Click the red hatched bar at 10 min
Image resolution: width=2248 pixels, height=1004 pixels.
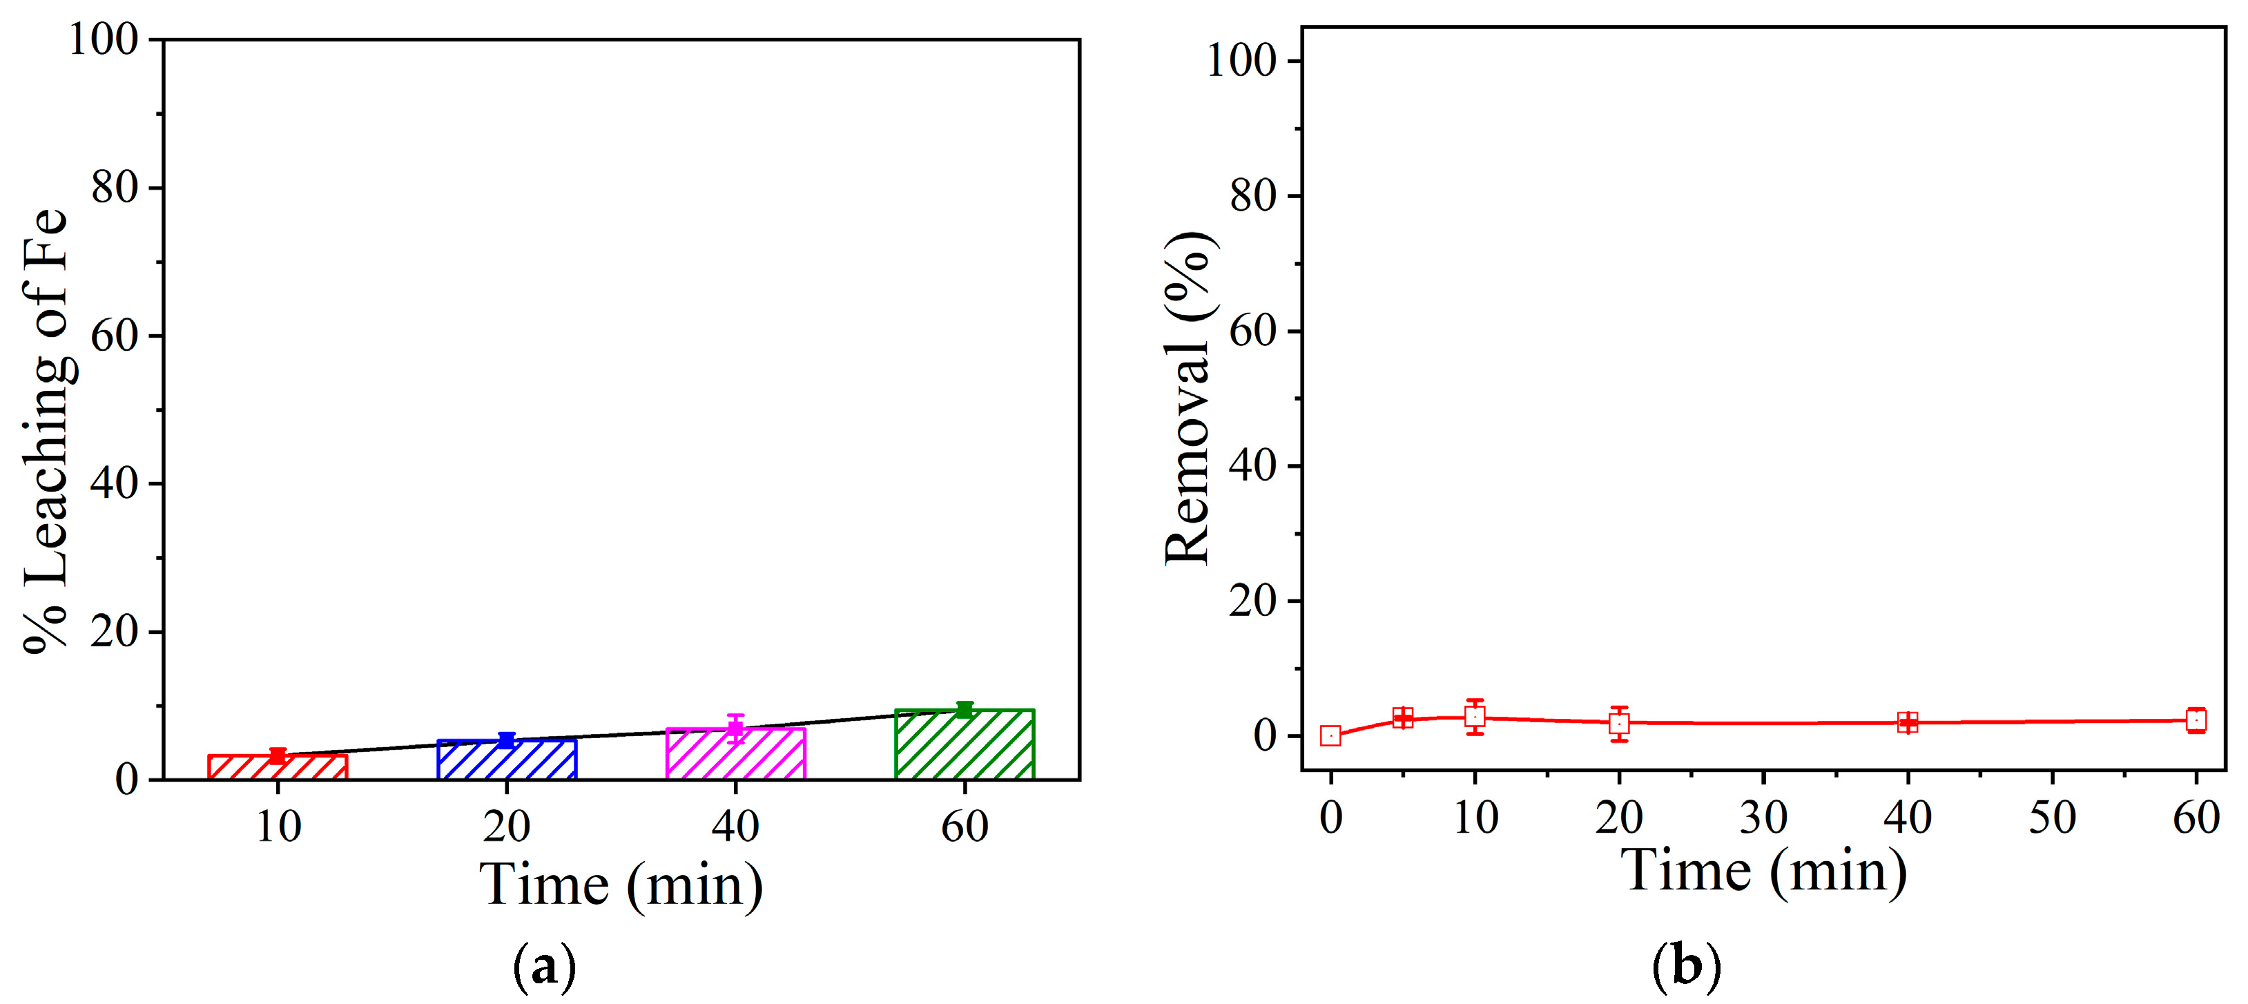point(278,766)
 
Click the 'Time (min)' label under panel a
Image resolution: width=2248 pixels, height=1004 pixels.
point(621,885)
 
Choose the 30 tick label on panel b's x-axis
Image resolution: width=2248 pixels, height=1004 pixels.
point(1763,817)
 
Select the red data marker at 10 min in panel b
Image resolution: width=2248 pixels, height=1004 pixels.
point(1475,717)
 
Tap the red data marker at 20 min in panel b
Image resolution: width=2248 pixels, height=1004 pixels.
point(1619,723)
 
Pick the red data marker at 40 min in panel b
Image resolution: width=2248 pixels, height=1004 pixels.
point(1908,722)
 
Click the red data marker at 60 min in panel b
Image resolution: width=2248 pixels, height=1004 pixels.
point(2196,720)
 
